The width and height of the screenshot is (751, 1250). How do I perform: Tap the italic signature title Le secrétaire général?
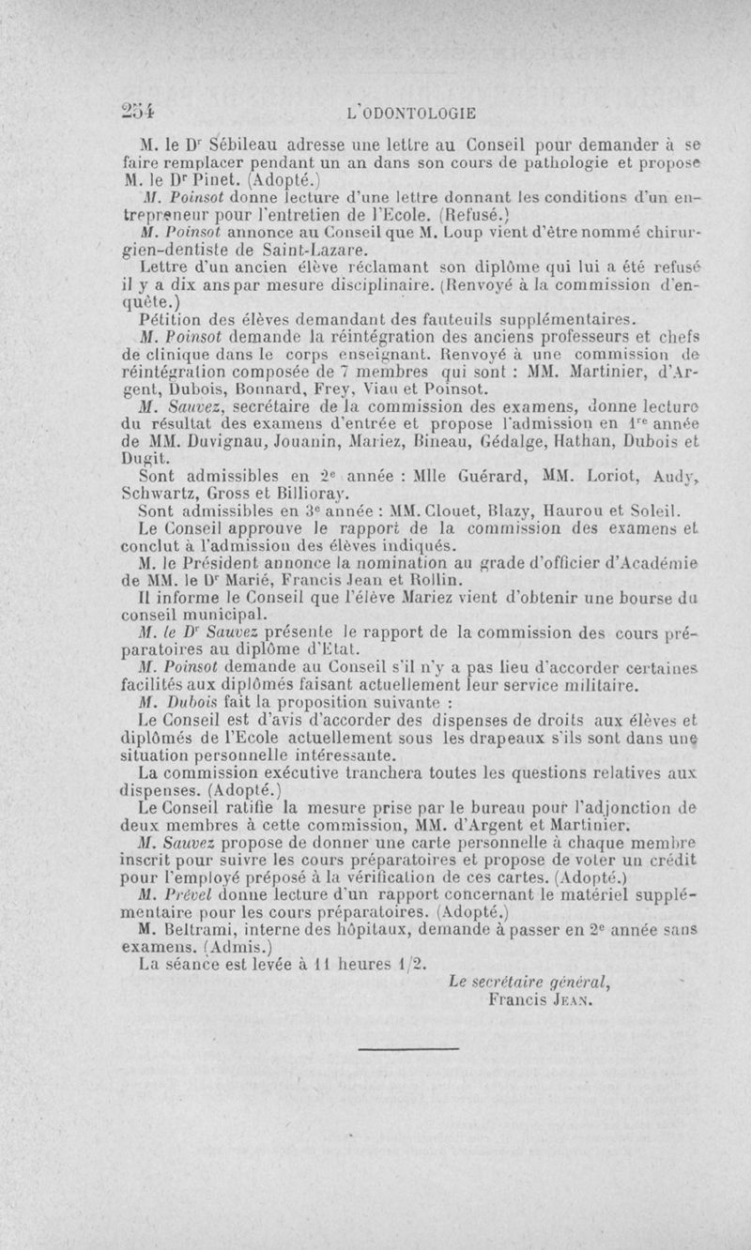click(x=529, y=983)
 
